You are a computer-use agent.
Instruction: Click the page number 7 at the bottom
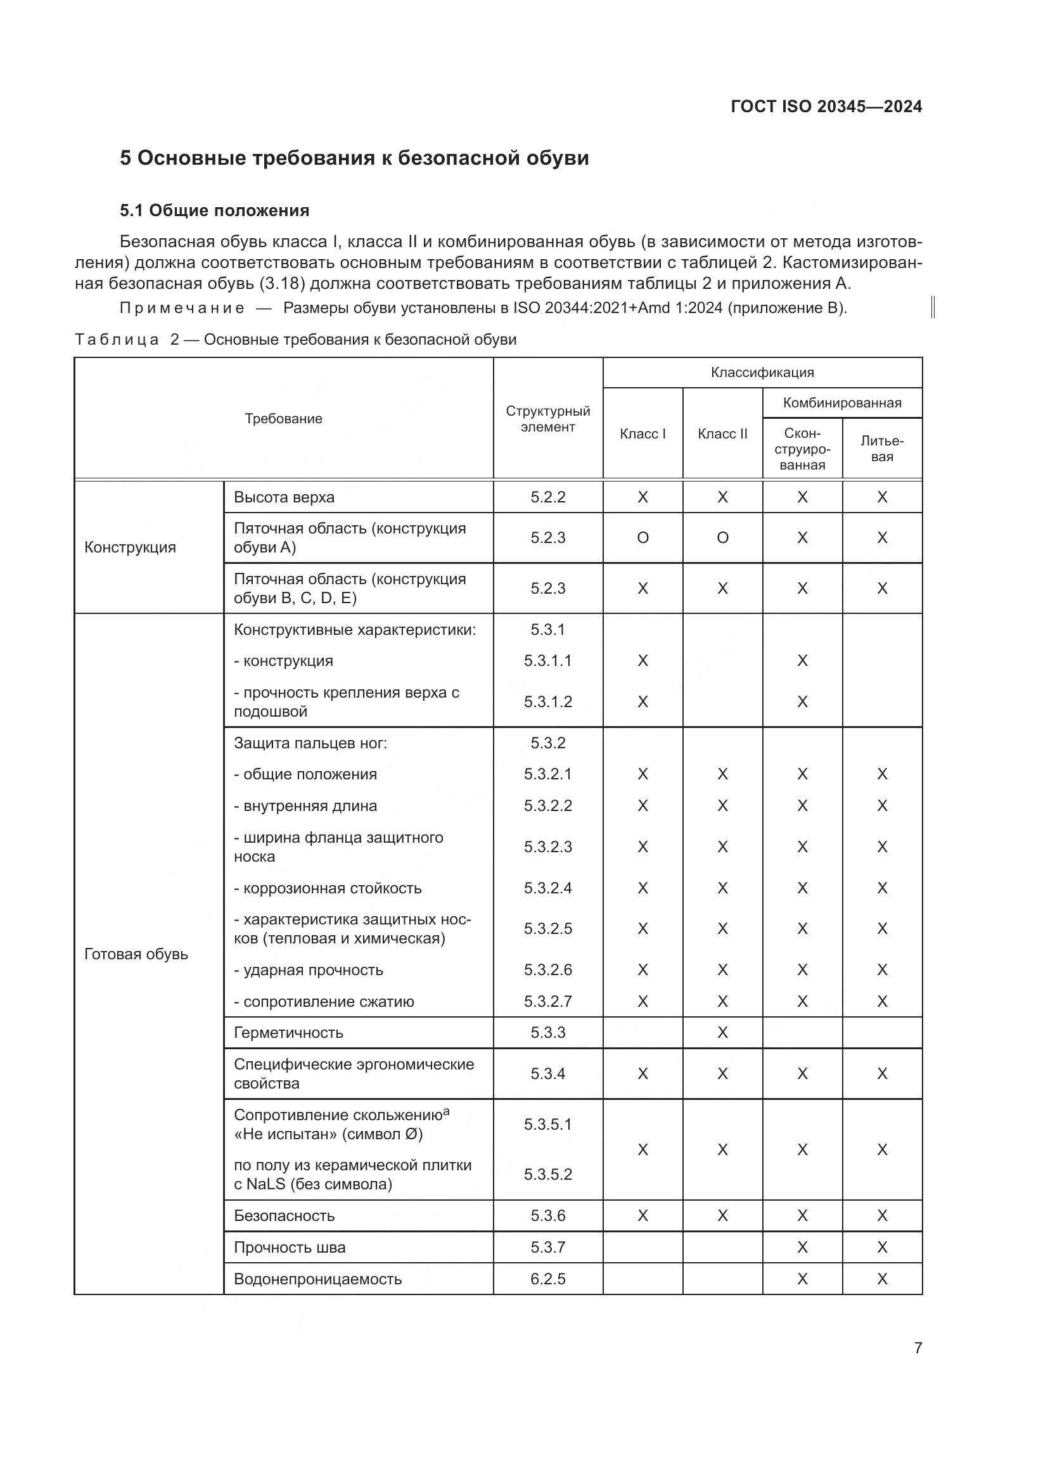[917, 1348]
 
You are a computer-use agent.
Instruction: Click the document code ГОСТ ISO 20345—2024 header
[826, 107]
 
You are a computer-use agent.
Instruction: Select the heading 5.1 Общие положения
[214, 210]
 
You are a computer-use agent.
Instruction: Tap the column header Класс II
[722, 434]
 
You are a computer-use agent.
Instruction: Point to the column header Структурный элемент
[547, 419]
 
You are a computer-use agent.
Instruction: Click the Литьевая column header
[881, 449]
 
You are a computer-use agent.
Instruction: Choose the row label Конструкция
[130, 547]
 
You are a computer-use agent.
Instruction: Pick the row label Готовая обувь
[136, 954]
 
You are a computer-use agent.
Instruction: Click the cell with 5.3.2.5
[547, 928]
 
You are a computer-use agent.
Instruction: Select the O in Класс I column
[642, 538]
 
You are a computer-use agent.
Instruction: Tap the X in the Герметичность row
[722, 1033]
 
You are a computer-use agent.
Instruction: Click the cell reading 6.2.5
[547, 1279]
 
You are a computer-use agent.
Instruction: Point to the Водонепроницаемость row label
[317, 1279]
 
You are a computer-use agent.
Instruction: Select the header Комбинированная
[841, 403]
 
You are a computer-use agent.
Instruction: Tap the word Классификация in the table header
[762, 373]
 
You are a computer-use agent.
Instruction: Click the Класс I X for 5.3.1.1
[642, 660]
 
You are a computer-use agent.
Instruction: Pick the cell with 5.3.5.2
[547, 1174]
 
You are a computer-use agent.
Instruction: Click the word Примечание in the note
[182, 308]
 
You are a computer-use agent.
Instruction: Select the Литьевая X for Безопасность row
[881, 1215]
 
